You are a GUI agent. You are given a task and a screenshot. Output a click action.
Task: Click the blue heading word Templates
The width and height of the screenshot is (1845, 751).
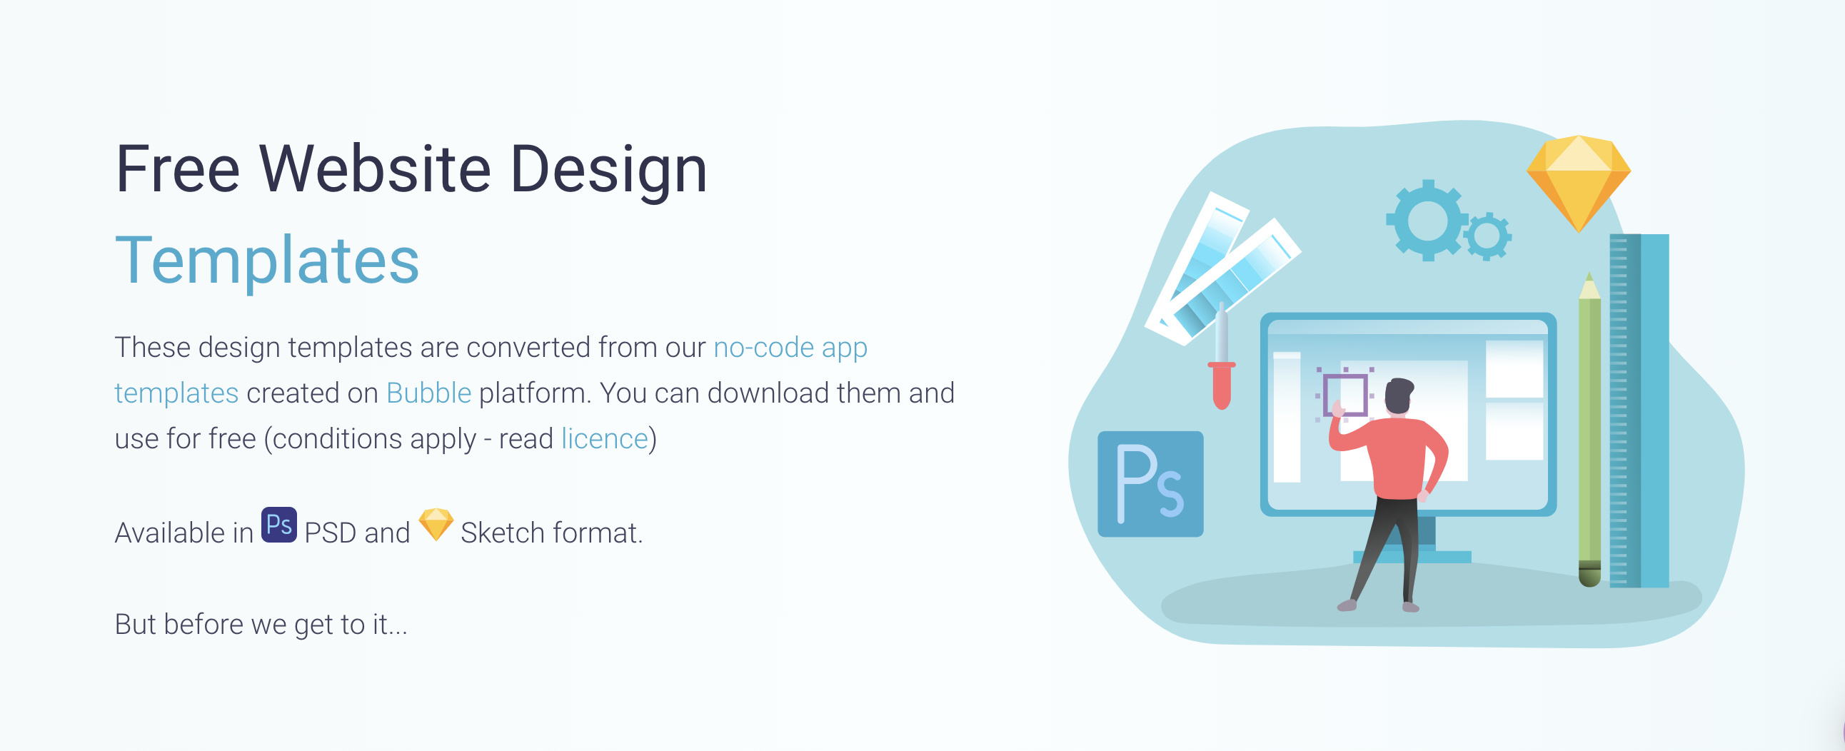(x=267, y=261)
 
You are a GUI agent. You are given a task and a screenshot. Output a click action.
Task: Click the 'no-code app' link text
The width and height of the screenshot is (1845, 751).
(x=790, y=348)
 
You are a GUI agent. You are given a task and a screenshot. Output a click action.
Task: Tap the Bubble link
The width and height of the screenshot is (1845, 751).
(x=428, y=393)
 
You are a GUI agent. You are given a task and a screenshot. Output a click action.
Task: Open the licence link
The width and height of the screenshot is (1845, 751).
(x=605, y=439)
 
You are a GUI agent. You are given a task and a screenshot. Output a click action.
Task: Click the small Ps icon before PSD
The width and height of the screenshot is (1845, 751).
(x=278, y=525)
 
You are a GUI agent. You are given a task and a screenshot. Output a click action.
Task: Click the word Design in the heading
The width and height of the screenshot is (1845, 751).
(x=609, y=171)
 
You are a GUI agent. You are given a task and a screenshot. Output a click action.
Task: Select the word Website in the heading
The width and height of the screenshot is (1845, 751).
(x=375, y=169)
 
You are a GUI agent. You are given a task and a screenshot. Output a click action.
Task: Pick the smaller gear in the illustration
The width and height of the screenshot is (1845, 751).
(x=1487, y=236)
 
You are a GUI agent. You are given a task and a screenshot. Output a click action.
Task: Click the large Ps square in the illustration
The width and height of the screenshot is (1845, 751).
(x=1150, y=484)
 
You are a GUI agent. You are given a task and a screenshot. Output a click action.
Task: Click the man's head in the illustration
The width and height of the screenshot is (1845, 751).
(x=1398, y=396)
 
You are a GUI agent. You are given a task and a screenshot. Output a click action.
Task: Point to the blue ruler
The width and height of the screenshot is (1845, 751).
(x=1639, y=411)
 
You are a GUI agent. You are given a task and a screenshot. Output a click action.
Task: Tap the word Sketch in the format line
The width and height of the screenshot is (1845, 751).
(x=503, y=533)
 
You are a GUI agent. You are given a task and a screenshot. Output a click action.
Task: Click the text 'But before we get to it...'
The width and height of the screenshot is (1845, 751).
(x=261, y=625)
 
